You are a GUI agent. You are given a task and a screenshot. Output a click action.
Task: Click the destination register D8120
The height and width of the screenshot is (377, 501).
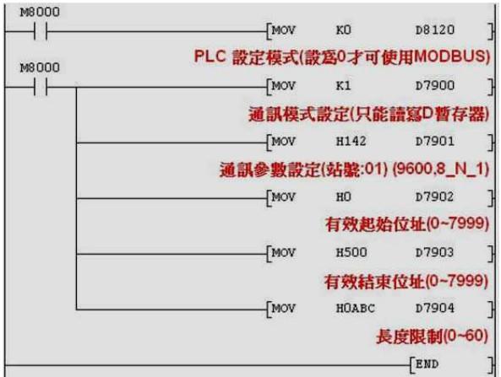pos(434,30)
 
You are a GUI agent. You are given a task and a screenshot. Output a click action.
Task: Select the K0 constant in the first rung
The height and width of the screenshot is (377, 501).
pos(344,30)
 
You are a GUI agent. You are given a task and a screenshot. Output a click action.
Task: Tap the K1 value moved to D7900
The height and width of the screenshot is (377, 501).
pos(344,85)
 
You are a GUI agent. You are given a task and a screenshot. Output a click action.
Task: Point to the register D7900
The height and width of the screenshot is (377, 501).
pos(434,85)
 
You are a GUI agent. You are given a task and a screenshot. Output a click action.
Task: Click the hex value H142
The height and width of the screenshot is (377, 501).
pos(351,142)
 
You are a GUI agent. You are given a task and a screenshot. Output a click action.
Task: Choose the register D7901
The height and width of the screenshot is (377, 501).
pos(434,142)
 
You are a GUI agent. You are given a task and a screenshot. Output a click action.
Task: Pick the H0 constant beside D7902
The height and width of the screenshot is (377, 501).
pos(344,197)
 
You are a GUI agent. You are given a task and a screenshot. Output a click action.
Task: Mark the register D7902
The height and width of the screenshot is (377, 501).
pos(434,197)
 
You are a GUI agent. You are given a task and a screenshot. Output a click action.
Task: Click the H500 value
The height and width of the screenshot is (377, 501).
pos(351,253)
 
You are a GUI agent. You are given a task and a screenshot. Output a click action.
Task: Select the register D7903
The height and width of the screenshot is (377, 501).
pos(434,253)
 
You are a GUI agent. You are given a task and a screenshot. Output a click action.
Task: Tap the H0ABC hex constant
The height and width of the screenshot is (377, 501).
pos(356,309)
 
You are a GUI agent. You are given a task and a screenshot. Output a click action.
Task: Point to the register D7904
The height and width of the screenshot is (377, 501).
pos(434,309)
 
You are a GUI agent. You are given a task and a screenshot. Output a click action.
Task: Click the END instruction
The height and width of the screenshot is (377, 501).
pos(427,364)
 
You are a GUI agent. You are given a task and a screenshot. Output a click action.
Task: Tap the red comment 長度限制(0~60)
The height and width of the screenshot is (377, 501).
pos(432,337)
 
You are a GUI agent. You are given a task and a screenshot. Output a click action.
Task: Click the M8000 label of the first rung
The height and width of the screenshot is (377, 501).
pos(40,12)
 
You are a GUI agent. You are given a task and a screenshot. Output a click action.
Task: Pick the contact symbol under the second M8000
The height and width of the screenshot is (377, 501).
pos(41,87)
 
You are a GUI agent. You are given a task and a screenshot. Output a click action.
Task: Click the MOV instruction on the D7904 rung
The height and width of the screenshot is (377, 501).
pos(283,309)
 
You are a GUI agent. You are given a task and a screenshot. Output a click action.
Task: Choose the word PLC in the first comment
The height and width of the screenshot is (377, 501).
pos(210,57)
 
